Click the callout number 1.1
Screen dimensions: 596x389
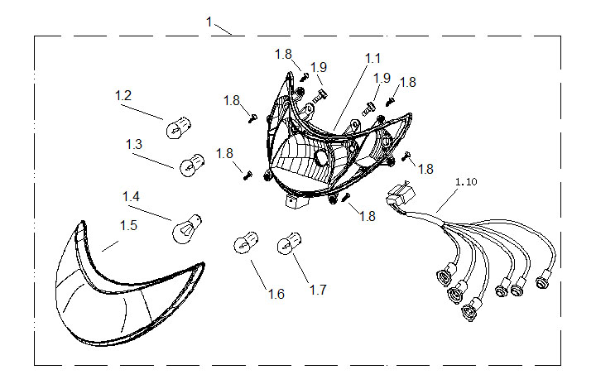pyautogui.click(x=372, y=59)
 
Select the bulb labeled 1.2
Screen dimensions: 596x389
pyautogui.click(x=179, y=127)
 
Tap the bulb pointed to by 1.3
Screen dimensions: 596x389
pyautogui.click(x=192, y=166)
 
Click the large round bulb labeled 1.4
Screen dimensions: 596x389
pyautogui.click(x=186, y=228)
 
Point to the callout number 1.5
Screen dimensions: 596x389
pyautogui.click(x=128, y=226)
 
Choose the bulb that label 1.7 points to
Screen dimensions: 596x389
pyautogui.click(x=290, y=243)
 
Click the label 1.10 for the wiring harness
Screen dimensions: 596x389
pyautogui.click(x=466, y=182)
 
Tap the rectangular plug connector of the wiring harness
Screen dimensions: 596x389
pyautogui.click(x=401, y=194)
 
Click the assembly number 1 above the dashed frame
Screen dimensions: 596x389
pyautogui.click(x=209, y=22)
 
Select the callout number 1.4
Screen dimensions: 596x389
pyautogui.click(x=131, y=197)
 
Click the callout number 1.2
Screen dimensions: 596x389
pyautogui.click(x=123, y=95)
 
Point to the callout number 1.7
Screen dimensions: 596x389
pyautogui.click(x=318, y=290)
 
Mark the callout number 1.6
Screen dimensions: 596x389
pyautogui.click(x=276, y=294)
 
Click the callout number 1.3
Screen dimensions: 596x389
pyautogui.click(x=134, y=144)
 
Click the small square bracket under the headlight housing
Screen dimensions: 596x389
pyautogui.click(x=296, y=202)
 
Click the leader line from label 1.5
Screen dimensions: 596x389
pyautogui.click(x=110, y=246)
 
